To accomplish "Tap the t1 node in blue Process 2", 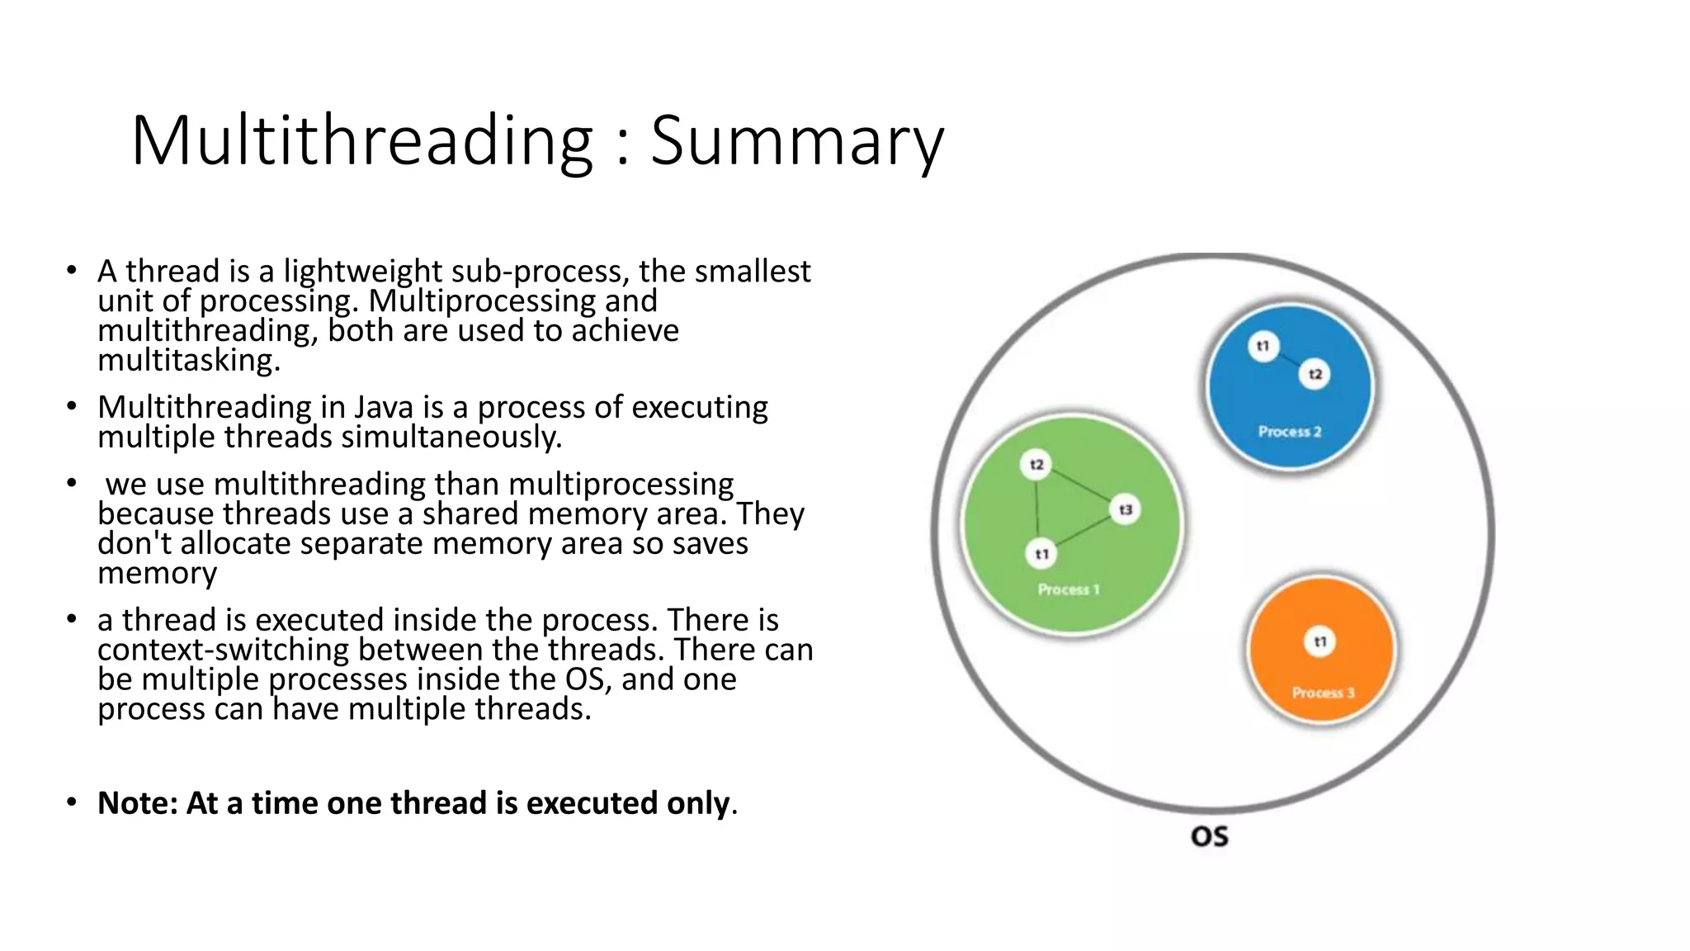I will pos(1263,346).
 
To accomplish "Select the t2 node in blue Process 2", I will pos(1315,375).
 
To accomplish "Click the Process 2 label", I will pos(1289,431).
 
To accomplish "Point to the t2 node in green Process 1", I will pos(1036,465).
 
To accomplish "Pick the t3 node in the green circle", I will pos(1126,509).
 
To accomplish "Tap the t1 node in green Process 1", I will pos(1041,554).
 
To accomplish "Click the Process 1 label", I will pos(1069,589).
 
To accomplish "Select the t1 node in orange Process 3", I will pos(1320,641).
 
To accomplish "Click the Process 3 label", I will pos(1323,693).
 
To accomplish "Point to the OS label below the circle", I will pos(1209,836).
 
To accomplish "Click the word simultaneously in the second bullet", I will pos(451,437).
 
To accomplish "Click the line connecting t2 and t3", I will pos(1081,487).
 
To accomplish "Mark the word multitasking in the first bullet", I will pos(188,361).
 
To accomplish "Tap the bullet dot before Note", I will pos(73,802).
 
